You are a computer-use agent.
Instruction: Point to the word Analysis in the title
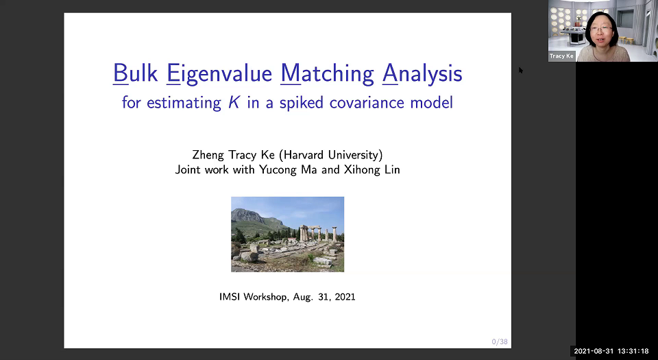pos(422,73)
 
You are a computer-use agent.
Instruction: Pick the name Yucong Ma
pos(289,169)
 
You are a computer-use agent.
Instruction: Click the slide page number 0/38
pos(499,341)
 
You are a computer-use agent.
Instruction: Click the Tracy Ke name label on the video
pos(561,56)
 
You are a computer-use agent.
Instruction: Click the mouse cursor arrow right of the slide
pos(521,70)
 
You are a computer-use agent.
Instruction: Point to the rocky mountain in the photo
pos(251,218)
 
